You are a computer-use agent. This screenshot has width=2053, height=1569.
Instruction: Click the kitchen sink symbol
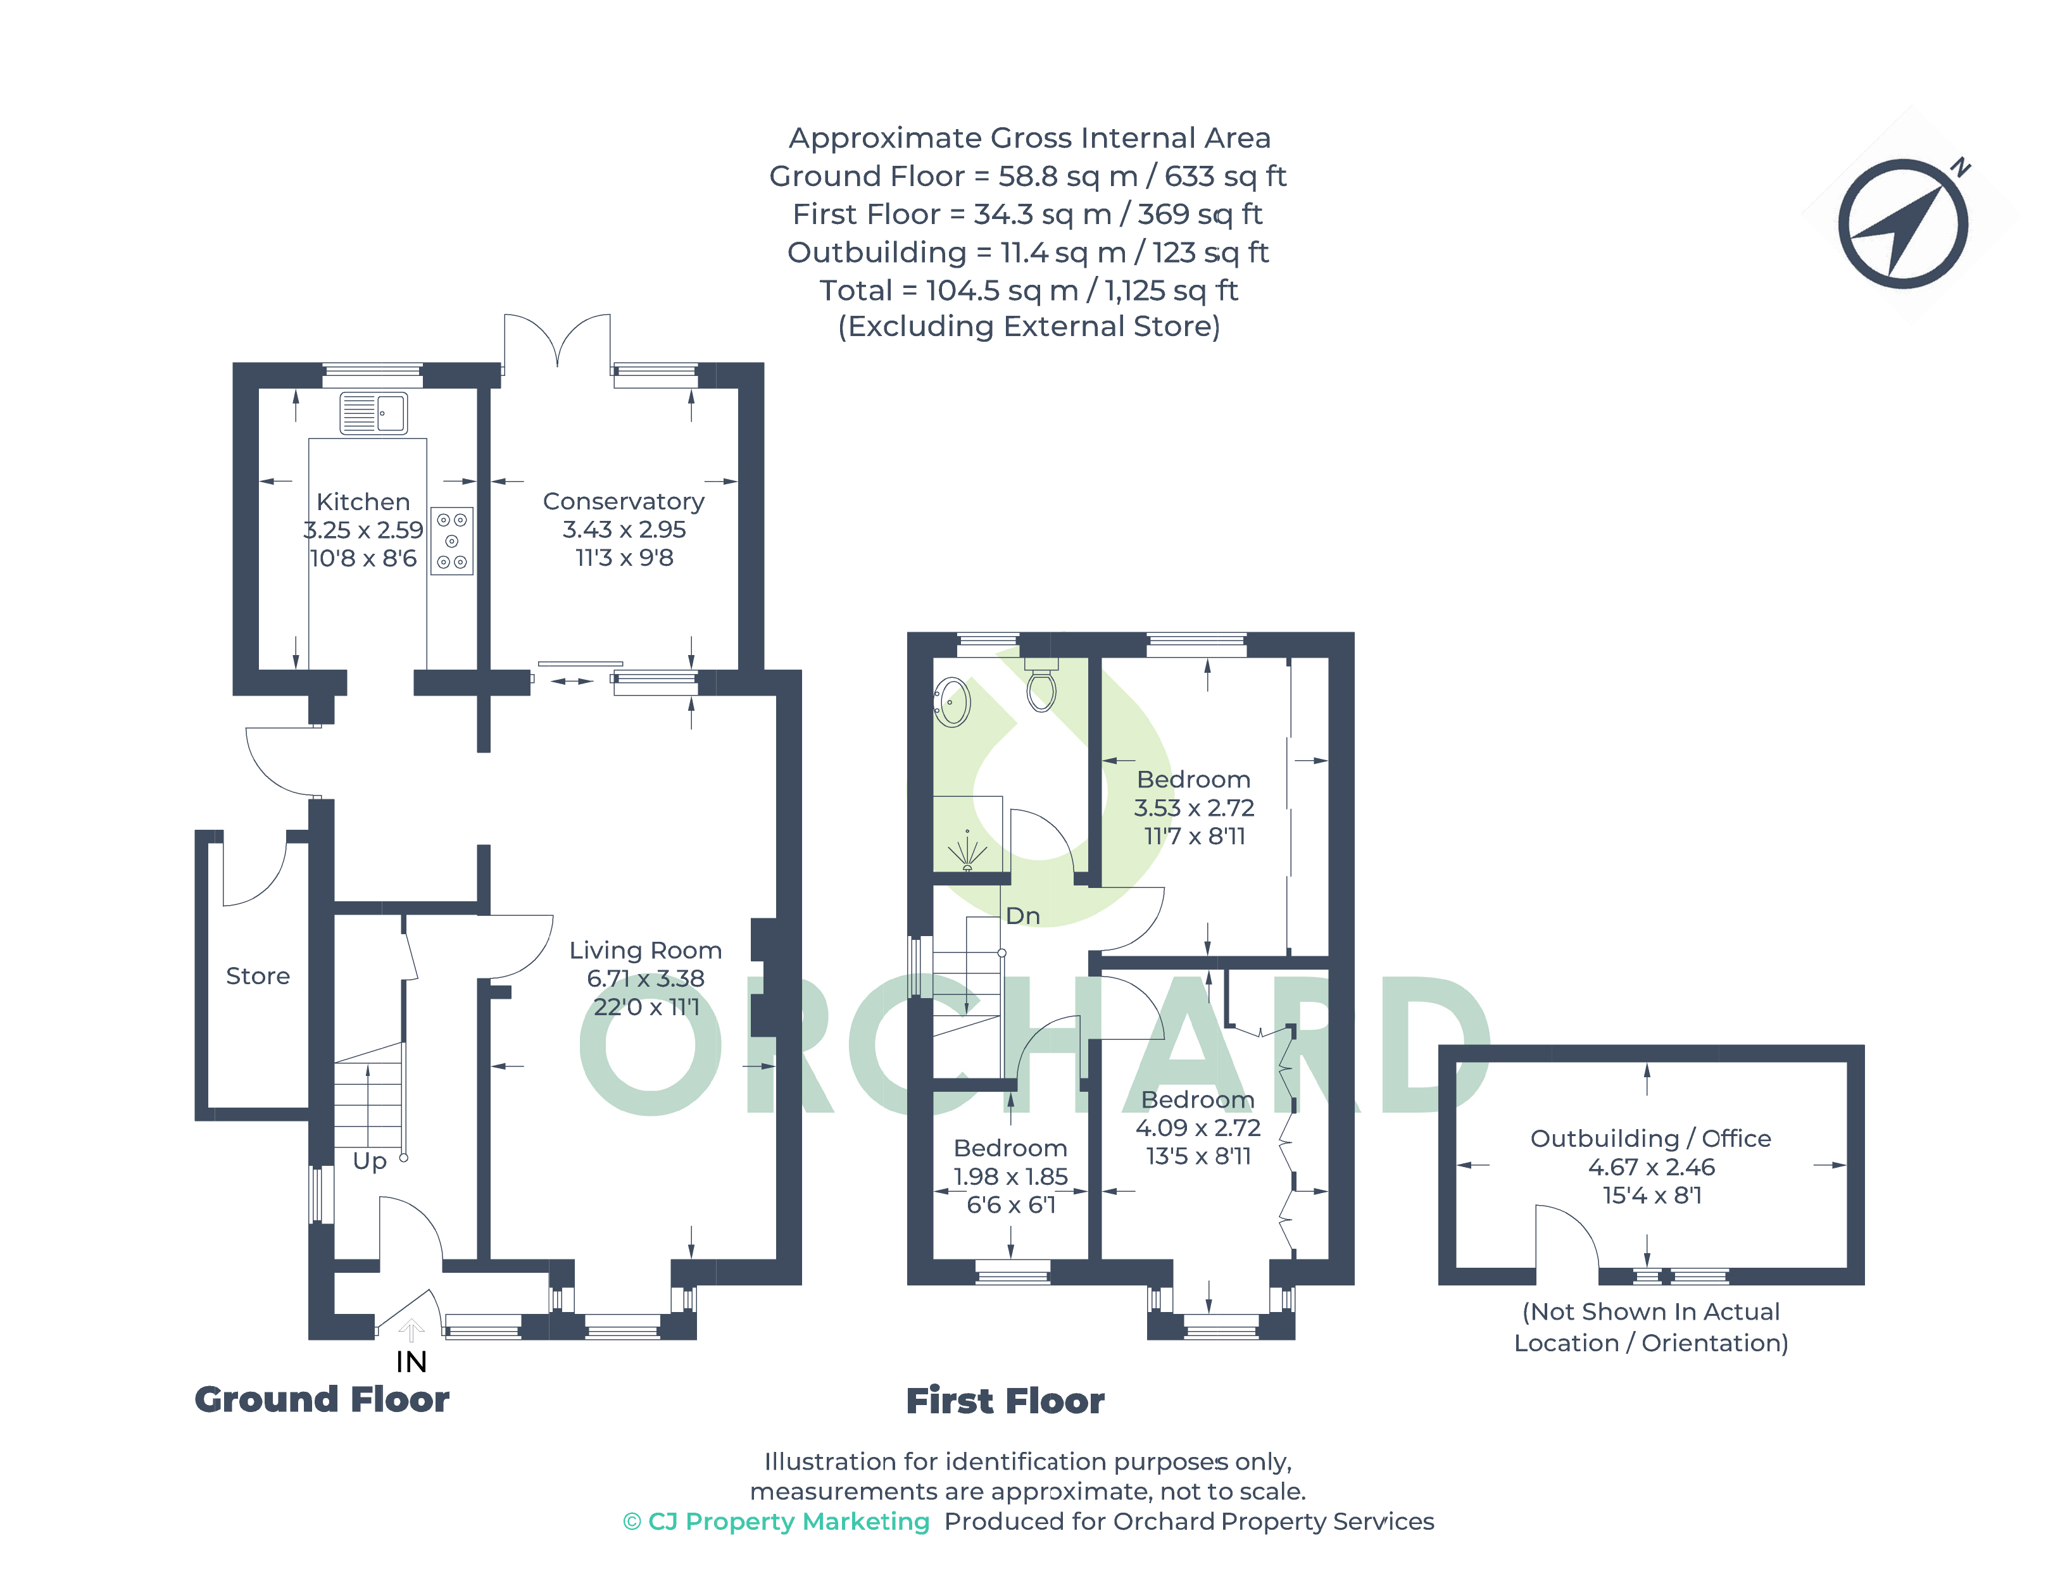(373, 413)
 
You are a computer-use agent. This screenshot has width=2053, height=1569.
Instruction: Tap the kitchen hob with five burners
(452, 541)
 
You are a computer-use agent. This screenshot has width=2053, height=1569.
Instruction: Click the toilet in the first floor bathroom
(1041, 685)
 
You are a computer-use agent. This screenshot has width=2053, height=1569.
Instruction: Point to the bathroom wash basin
(951, 701)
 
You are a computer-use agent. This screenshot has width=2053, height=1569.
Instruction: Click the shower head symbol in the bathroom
(967, 851)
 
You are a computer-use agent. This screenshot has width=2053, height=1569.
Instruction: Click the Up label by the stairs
(369, 1161)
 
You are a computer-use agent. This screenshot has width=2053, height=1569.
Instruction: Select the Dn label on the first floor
(1023, 916)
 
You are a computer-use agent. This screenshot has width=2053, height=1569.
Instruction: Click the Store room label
(258, 976)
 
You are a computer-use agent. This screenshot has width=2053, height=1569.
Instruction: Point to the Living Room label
(646, 951)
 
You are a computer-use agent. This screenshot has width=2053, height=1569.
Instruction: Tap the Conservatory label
(624, 501)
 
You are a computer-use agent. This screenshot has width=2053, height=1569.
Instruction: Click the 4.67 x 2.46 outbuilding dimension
(1652, 1167)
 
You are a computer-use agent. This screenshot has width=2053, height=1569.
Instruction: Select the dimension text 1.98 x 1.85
(1010, 1177)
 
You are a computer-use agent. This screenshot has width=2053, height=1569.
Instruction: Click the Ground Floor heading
(322, 1400)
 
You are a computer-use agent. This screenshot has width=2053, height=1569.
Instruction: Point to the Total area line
(1029, 291)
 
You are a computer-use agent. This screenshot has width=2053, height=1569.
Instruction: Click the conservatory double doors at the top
(558, 343)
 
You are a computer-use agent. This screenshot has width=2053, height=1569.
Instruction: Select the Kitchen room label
(363, 501)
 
